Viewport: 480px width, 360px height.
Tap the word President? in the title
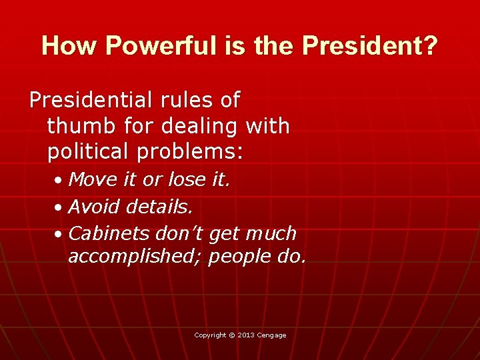(370, 46)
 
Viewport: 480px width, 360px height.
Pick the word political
(90, 151)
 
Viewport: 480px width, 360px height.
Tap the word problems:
(189, 151)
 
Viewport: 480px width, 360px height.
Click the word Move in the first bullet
(93, 179)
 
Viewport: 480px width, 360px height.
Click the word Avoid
(94, 207)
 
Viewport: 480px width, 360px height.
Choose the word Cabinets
(109, 233)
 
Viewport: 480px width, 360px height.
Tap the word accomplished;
(135, 257)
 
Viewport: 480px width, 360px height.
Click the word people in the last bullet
(238, 257)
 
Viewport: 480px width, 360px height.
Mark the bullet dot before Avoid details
(59, 208)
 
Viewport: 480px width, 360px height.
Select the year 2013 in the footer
(246, 335)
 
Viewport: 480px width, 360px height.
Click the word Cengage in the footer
(272, 335)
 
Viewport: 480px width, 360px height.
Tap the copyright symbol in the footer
(232, 335)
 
